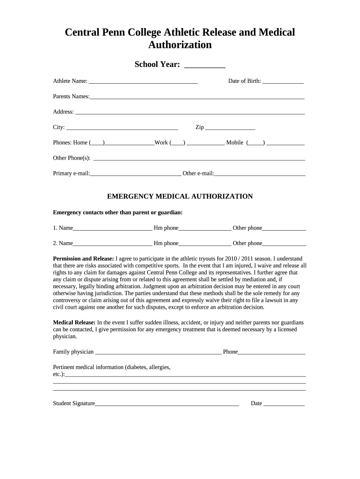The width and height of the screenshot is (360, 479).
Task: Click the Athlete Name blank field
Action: (x=143, y=82)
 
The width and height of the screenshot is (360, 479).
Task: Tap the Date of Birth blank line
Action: (x=283, y=82)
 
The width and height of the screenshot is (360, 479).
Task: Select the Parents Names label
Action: (x=71, y=96)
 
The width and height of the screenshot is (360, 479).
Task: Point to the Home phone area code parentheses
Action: (x=97, y=143)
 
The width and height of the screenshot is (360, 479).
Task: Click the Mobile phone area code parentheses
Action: (x=256, y=143)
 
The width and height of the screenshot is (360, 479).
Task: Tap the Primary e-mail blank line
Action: (x=136, y=174)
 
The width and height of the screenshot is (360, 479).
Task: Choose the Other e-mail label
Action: (x=198, y=174)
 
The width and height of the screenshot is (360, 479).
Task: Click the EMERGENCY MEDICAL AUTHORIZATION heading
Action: (x=180, y=196)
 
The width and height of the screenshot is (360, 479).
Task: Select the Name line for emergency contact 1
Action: (x=112, y=229)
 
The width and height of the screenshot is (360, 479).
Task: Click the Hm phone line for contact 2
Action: (x=205, y=245)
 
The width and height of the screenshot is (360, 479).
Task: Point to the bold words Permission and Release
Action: (x=83, y=259)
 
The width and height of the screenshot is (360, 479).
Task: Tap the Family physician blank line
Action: (x=158, y=353)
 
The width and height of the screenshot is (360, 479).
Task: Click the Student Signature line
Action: (x=167, y=405)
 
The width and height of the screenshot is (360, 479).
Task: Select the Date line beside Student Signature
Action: (x=284, y=405)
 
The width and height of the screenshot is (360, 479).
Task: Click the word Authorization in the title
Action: (x=180, y=45)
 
